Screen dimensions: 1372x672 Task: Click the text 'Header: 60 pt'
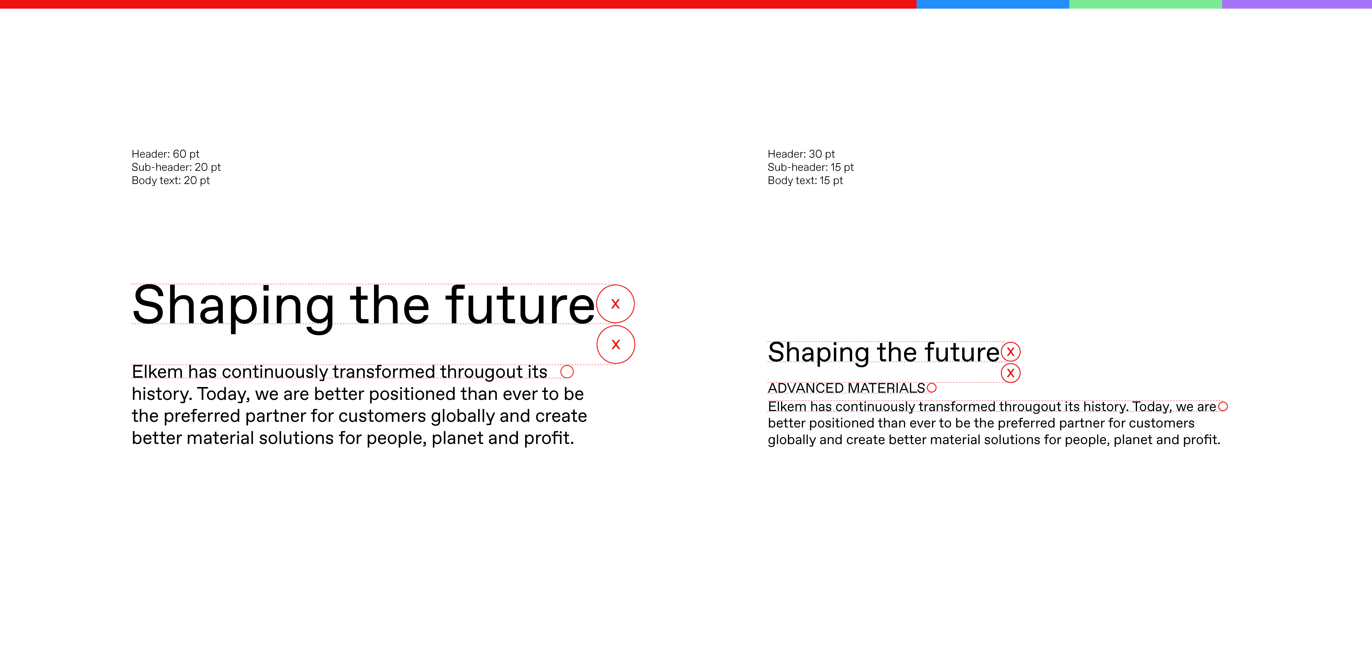point(166,154)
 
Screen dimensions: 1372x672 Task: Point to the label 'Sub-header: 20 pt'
point(176,167)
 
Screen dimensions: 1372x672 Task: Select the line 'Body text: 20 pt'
point(171,181)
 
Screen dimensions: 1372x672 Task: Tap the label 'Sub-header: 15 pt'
point(811,167)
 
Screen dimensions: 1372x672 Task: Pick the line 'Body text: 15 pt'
point(805,181)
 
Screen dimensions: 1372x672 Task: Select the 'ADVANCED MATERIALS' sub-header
point(846,388)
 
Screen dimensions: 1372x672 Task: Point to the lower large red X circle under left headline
point(616,344)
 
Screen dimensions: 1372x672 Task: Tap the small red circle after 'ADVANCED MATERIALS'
point(932,388)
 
